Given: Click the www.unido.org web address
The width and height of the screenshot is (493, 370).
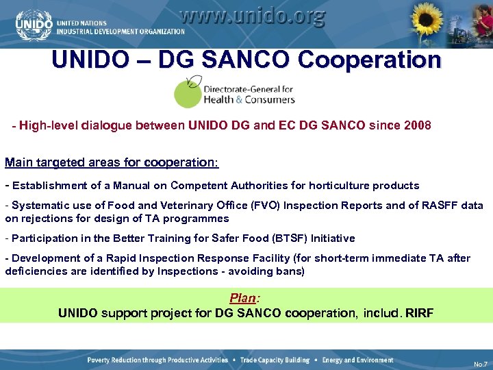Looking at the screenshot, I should click(x=252, y=16).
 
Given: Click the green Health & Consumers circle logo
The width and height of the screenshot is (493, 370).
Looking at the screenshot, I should click(x=188, y=93).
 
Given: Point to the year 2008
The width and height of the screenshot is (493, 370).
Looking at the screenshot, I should click(x=417, y=126).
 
